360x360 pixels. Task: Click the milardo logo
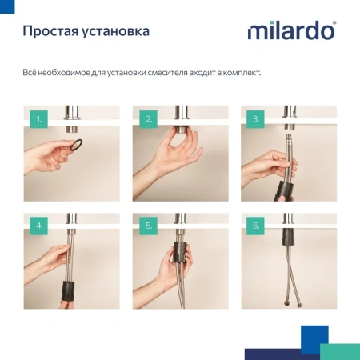coord(290,31)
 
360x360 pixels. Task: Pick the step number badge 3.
coord(256,120)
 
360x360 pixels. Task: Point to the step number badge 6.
coord(256,226)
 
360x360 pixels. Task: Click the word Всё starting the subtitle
coord(30,74)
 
